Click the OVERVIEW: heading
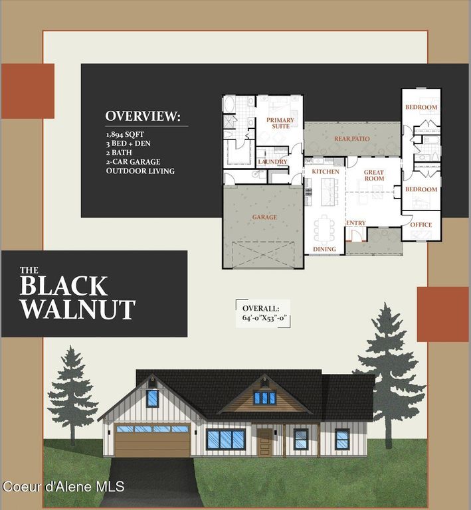tap(142, 117)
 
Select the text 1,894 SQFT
tap(126, 134)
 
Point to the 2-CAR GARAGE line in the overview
tap(133, 161)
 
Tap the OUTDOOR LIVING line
tap(140, 171)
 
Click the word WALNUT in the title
tap(77, 309)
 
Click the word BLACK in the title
tap(63, 286)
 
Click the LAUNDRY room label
tap(272, 162)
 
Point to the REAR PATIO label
tap(351, 139)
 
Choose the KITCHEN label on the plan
tap(326, 172)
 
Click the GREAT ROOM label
tap(374, 175)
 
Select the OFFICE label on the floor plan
tap(421, 225)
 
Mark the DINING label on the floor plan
tap(324, 250)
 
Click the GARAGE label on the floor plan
tap(264, 217)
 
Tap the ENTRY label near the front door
tap(356, 223)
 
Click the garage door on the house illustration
tap(152, 440)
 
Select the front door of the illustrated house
tap(264, 443)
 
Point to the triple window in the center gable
tap(264, 398)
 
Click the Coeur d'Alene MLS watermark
tap(63, 487)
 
